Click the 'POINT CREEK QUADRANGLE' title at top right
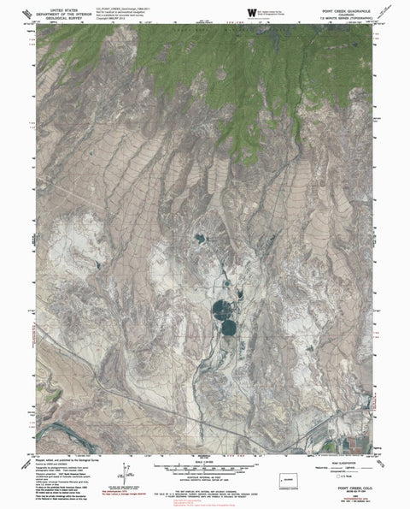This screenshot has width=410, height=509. tap(346, 12)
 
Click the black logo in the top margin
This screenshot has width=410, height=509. tap(249, 10)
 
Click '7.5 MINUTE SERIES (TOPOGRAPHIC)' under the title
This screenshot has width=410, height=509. tap(346, 21)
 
